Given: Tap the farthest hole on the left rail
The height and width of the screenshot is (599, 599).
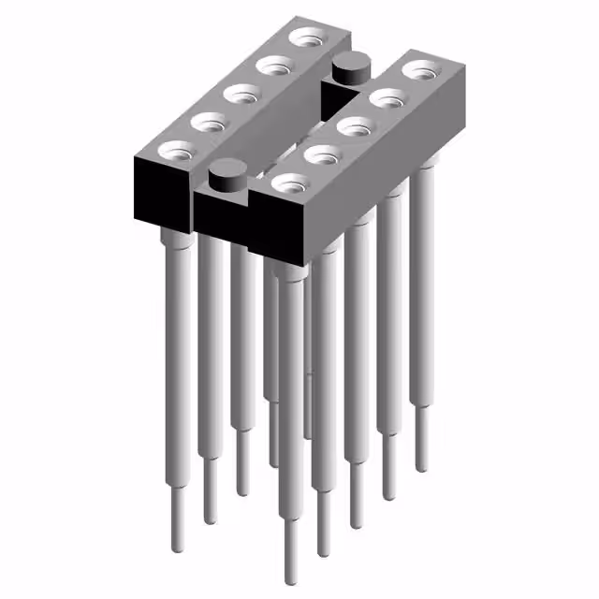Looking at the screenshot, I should click(x=305, y=37).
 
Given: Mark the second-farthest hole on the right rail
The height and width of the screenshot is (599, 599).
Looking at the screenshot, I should click(x=386, y=96).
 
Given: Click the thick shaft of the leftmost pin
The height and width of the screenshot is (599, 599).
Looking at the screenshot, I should click(x=179, y=356).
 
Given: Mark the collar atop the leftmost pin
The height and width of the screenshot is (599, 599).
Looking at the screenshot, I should click(x=176, y=241).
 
